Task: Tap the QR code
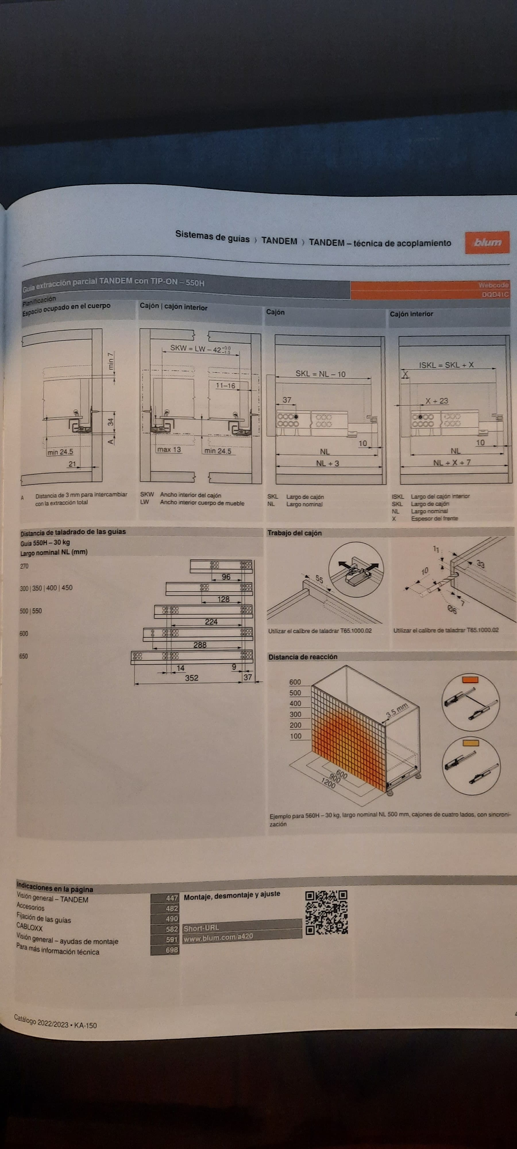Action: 326,912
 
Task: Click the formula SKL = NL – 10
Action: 320,374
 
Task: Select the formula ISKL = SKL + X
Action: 446,365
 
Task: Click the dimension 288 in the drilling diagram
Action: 200,645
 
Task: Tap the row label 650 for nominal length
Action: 24,656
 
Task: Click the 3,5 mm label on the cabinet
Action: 397,710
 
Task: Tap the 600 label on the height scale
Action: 295,682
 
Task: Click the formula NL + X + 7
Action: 452,462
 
